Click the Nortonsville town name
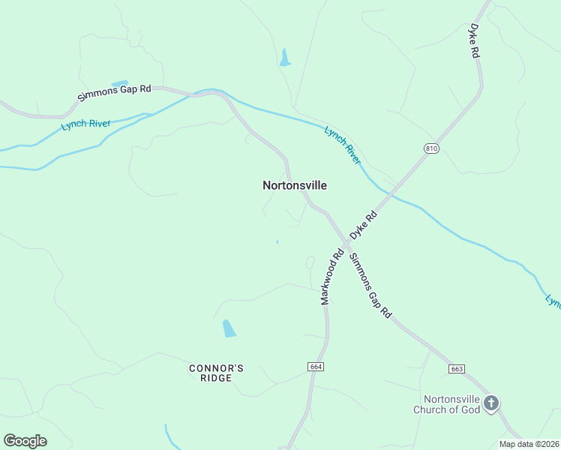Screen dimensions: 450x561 click(x=295, y=185)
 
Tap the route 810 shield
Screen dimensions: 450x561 click(x=430, y=148)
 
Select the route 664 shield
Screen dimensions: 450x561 click(x=315, y=366)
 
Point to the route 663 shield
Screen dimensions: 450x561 click(x=457, y=369)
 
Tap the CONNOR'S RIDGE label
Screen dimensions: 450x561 click(x=216, y=373)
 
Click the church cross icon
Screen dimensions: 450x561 click(x=490, y=404)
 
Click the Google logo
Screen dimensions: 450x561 click(x=25, y=441)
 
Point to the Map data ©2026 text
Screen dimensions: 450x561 click(x=529, y=444)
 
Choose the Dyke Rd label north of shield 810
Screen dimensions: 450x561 click(x=473, y=41)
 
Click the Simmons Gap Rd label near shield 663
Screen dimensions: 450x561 click(x=371, y=285)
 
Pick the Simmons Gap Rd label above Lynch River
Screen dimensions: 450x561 click(x=115, y=93)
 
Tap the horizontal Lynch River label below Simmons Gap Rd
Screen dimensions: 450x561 click(x=86, y=124)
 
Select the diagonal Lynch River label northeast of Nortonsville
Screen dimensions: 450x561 click(x=342, y=145)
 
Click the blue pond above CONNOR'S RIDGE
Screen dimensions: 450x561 click(x=229, y=328)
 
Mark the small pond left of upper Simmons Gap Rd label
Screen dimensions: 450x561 click(x=119, y=82)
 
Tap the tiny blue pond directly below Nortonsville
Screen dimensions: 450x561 click(x=277, y=241)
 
